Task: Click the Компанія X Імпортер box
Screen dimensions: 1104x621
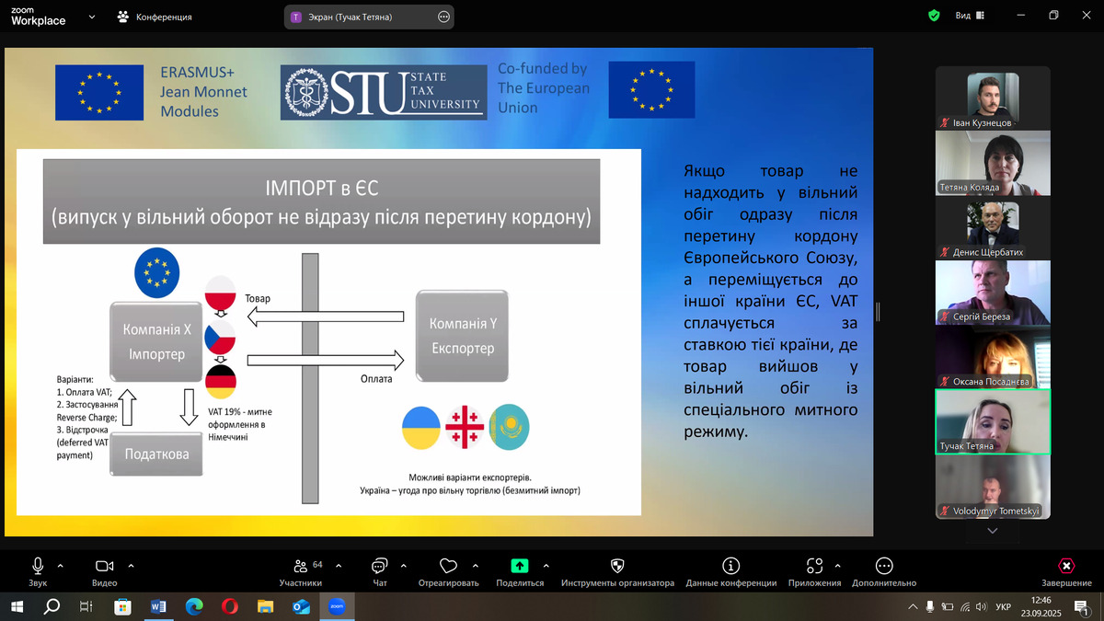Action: [x=156, y=341]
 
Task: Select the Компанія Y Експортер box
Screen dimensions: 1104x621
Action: [x=462, y=336]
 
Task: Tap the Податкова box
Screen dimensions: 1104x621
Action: [x=156, y=454]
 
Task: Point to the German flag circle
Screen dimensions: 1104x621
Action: [x=220, y=382]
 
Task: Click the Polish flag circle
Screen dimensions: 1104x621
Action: [x=220, y=293]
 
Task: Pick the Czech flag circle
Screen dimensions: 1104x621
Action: [x=220, y=338]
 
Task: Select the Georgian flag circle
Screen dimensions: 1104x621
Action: [x=465, y=427]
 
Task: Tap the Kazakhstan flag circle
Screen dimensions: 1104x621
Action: [x=509, y=427]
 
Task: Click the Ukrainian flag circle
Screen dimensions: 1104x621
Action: [x=421, y=427]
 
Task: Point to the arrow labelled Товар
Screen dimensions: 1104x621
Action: [x=326, y=316]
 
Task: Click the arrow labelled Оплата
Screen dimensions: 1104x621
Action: [x=326, y=361]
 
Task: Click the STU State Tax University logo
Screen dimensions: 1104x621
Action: [x=384, y=92]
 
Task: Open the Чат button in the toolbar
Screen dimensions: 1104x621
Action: [x=379, y=571]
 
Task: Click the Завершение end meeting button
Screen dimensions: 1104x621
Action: [x=1066, y=571]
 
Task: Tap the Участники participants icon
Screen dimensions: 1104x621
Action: [x=300, y=567]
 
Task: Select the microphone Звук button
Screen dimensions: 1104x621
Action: [x=38, y=571]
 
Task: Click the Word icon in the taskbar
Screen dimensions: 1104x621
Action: [x=158, y=606]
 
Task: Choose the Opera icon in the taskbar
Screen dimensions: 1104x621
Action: [x=229, y=606]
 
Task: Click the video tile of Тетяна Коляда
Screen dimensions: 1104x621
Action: [x=993, y=163]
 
